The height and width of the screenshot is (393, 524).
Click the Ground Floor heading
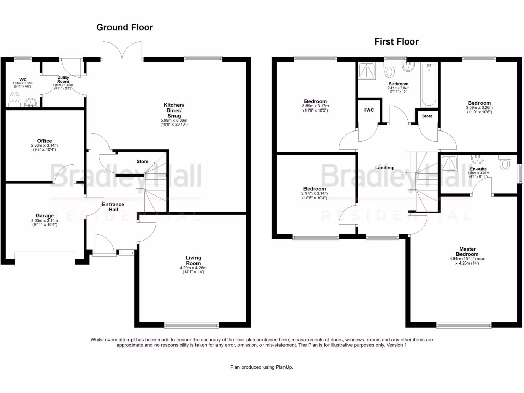124,27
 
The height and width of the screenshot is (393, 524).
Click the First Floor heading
396,41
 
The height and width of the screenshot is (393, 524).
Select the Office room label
45,141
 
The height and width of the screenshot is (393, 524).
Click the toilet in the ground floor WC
14,97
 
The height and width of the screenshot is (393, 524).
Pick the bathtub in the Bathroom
429,86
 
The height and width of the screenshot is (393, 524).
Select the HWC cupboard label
368,111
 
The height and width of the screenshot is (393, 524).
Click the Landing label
384,168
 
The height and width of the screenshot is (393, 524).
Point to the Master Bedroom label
467,251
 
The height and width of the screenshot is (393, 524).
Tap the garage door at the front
45,259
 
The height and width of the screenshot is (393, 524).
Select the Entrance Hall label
113,207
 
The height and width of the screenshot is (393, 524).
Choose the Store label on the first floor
427,116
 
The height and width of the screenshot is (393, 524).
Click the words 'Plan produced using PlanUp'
261,367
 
